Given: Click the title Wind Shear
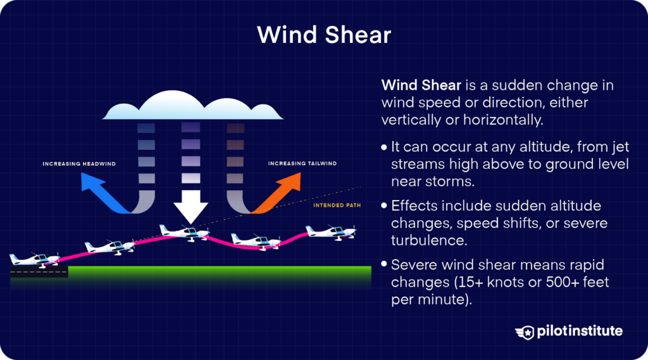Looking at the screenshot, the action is pyautogui.click(x=324, y=35).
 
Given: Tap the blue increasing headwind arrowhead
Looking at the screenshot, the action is pyautogui.click(x=91, y=182).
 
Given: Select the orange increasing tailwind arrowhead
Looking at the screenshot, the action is pyautogui.click(x=290, y=182).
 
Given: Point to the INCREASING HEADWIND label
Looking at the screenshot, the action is pyautogui.click(x=79, y=164).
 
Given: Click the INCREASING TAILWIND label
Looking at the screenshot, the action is pyautogui.click(x=302, y=163).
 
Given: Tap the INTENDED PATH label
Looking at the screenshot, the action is pyautogui.click(x=337, y=205).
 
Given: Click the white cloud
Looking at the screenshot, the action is pyautogui.click(x=192, y=106).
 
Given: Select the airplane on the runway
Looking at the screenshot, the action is pyautogui.click(x=35, y=260).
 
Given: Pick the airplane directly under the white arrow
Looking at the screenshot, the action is pyautogui.click(x=184, y=233).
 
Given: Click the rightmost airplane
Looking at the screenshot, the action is pyautogui.click(x=330, y=232).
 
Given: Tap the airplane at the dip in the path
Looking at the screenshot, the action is pyautogui.click(x=256, y=241).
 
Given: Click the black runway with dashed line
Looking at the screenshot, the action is pyautogui.click(x=39, y=272).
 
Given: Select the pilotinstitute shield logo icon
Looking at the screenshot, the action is pyautogui.click(x=525, y=332).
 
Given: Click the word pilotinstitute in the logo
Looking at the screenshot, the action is pyautogui.click(x=580, y=331).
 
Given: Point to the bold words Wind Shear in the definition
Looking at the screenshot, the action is pyautogui.click(x=421, y=85).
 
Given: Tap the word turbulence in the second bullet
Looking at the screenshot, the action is pyautogui.click(x=429, y=240).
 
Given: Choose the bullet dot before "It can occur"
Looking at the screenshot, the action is pyautogui.click(x=384, y=147).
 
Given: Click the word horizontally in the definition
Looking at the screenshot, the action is pyautogui.click(x=503, y=120).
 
